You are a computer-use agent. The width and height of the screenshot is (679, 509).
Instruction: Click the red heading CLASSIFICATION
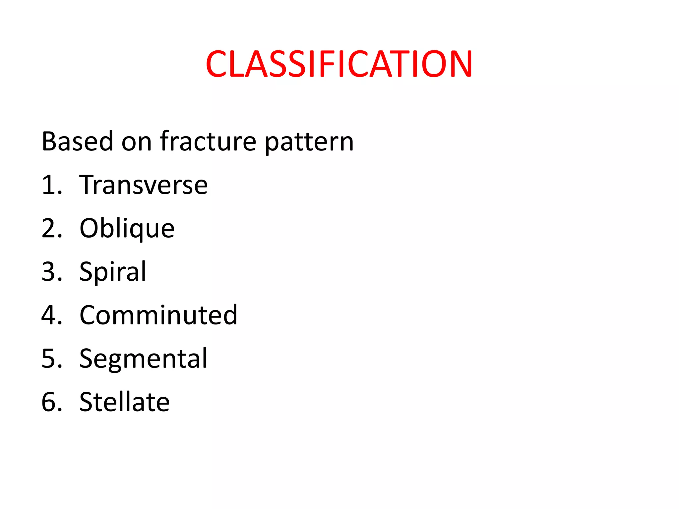click(x=339, y=64)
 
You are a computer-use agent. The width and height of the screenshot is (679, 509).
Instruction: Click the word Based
click(x=77, y=141)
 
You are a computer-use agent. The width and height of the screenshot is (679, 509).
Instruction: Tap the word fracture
click(x=208, y=141)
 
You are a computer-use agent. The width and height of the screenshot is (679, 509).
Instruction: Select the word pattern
click(x=309, y=142)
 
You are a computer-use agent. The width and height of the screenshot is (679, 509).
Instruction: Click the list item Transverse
click(x=144, y=185)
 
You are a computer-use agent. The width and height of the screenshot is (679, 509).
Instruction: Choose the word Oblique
click(x=127, y=229)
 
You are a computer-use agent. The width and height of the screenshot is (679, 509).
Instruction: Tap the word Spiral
click(x=113, y=272)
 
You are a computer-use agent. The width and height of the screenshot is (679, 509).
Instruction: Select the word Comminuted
click(x=158, y=315)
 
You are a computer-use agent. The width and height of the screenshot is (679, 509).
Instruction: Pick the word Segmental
click(x=143, y=359)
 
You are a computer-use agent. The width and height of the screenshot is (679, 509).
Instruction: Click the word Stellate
click(x=125, y=402)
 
